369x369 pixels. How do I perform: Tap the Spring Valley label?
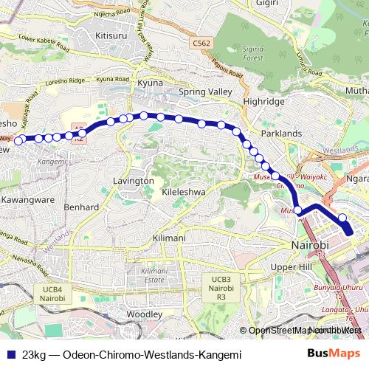tap(205, 92)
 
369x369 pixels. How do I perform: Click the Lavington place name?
tap(134, 180)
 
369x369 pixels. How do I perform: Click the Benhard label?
tap(82, 207)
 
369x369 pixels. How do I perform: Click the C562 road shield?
tap(201, 44)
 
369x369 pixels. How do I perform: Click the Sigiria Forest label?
tap(254, 52)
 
